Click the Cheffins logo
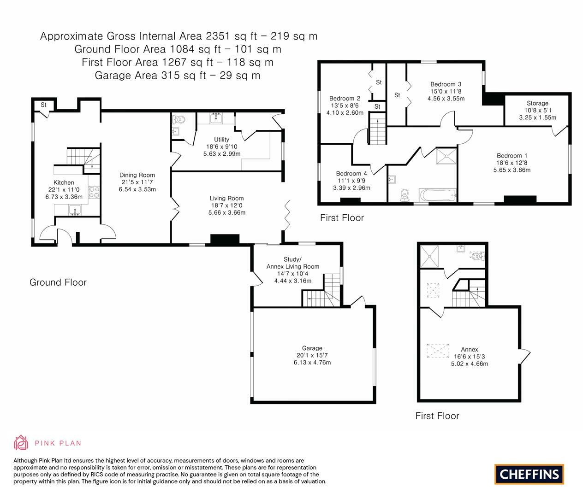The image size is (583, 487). (529, 474)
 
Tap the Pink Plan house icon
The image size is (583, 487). (21, 443)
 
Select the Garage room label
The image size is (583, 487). (312, 348)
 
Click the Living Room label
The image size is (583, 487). (227, 198)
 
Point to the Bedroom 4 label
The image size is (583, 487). (351, 174)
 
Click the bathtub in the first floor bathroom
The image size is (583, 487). (437, 195)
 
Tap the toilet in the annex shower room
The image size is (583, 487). (478, 256)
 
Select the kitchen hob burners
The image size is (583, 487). (94, 193)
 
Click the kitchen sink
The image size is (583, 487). (75, 210)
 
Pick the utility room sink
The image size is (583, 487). (216, 118)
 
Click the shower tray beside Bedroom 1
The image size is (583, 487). (446, 156)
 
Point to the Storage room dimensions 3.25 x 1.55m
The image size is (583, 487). (537, 117)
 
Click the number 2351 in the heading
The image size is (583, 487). (218, 36)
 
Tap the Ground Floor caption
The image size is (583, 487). (58, 282)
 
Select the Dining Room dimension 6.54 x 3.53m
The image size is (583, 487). (137, 189)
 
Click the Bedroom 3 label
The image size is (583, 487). (446, 84)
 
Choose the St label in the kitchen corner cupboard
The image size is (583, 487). (43, 105)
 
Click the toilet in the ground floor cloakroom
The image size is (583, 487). (179, 119)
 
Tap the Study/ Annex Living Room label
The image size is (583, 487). (292, 263)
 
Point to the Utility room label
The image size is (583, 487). (222, 140)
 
